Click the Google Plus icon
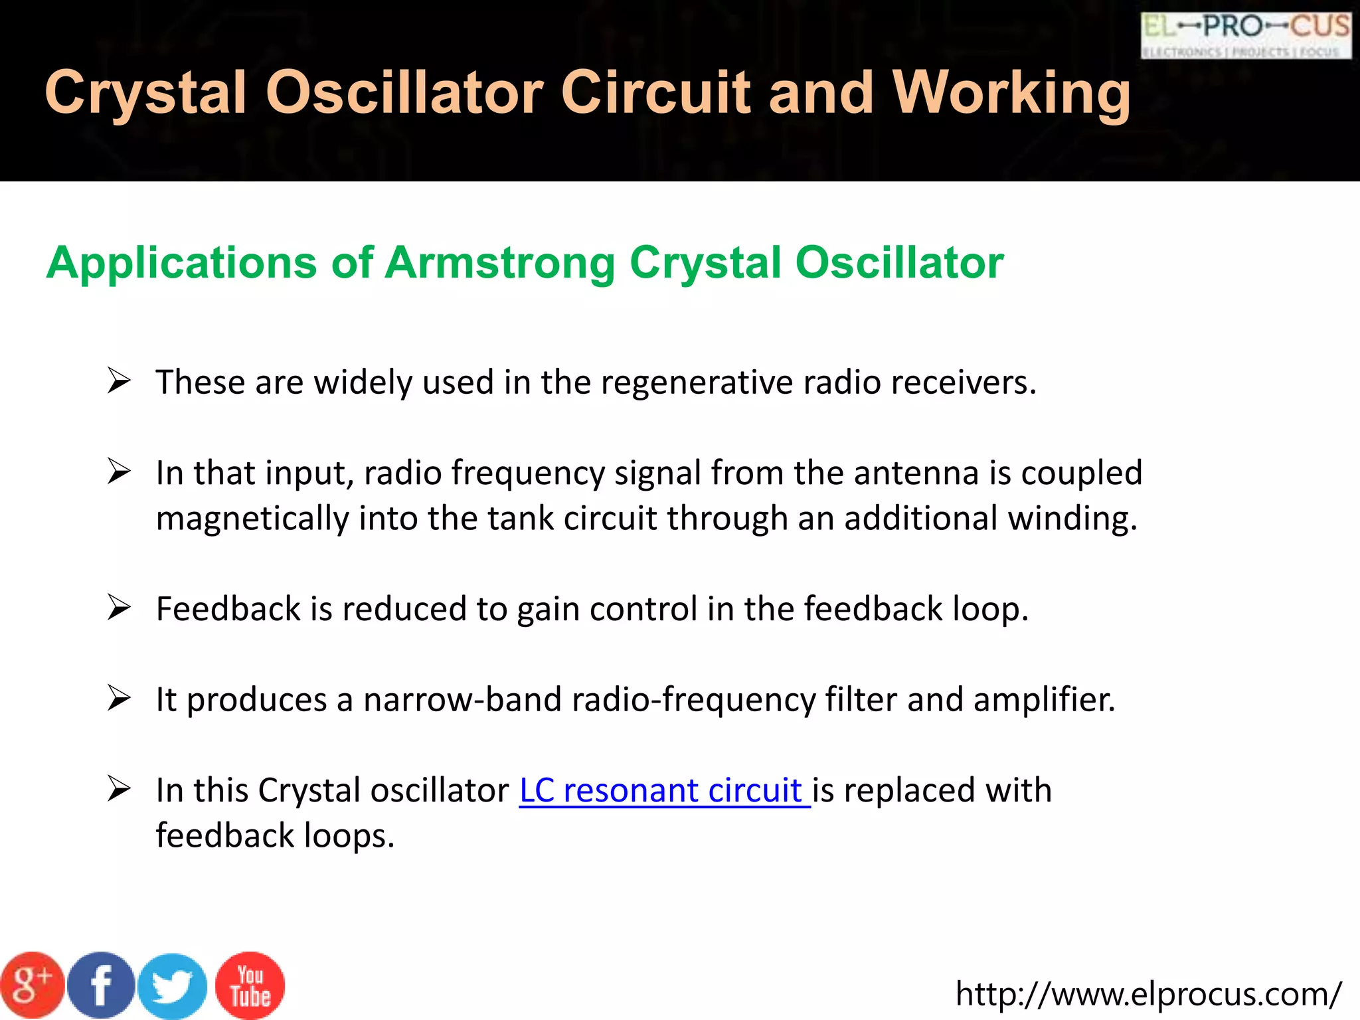click(32, 985)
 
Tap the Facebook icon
click(101, 985)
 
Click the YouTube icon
click(250, 985)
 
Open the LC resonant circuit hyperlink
click(664, 790)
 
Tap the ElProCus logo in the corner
click(1245, 35)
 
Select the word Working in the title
click(1011, 93)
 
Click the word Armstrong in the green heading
click(499, 263)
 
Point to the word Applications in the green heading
click(181, 263)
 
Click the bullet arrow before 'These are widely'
click(119, 381)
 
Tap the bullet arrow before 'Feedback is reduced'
click(119, 608)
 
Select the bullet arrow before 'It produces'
click(119, 699)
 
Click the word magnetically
click(252, 519)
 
